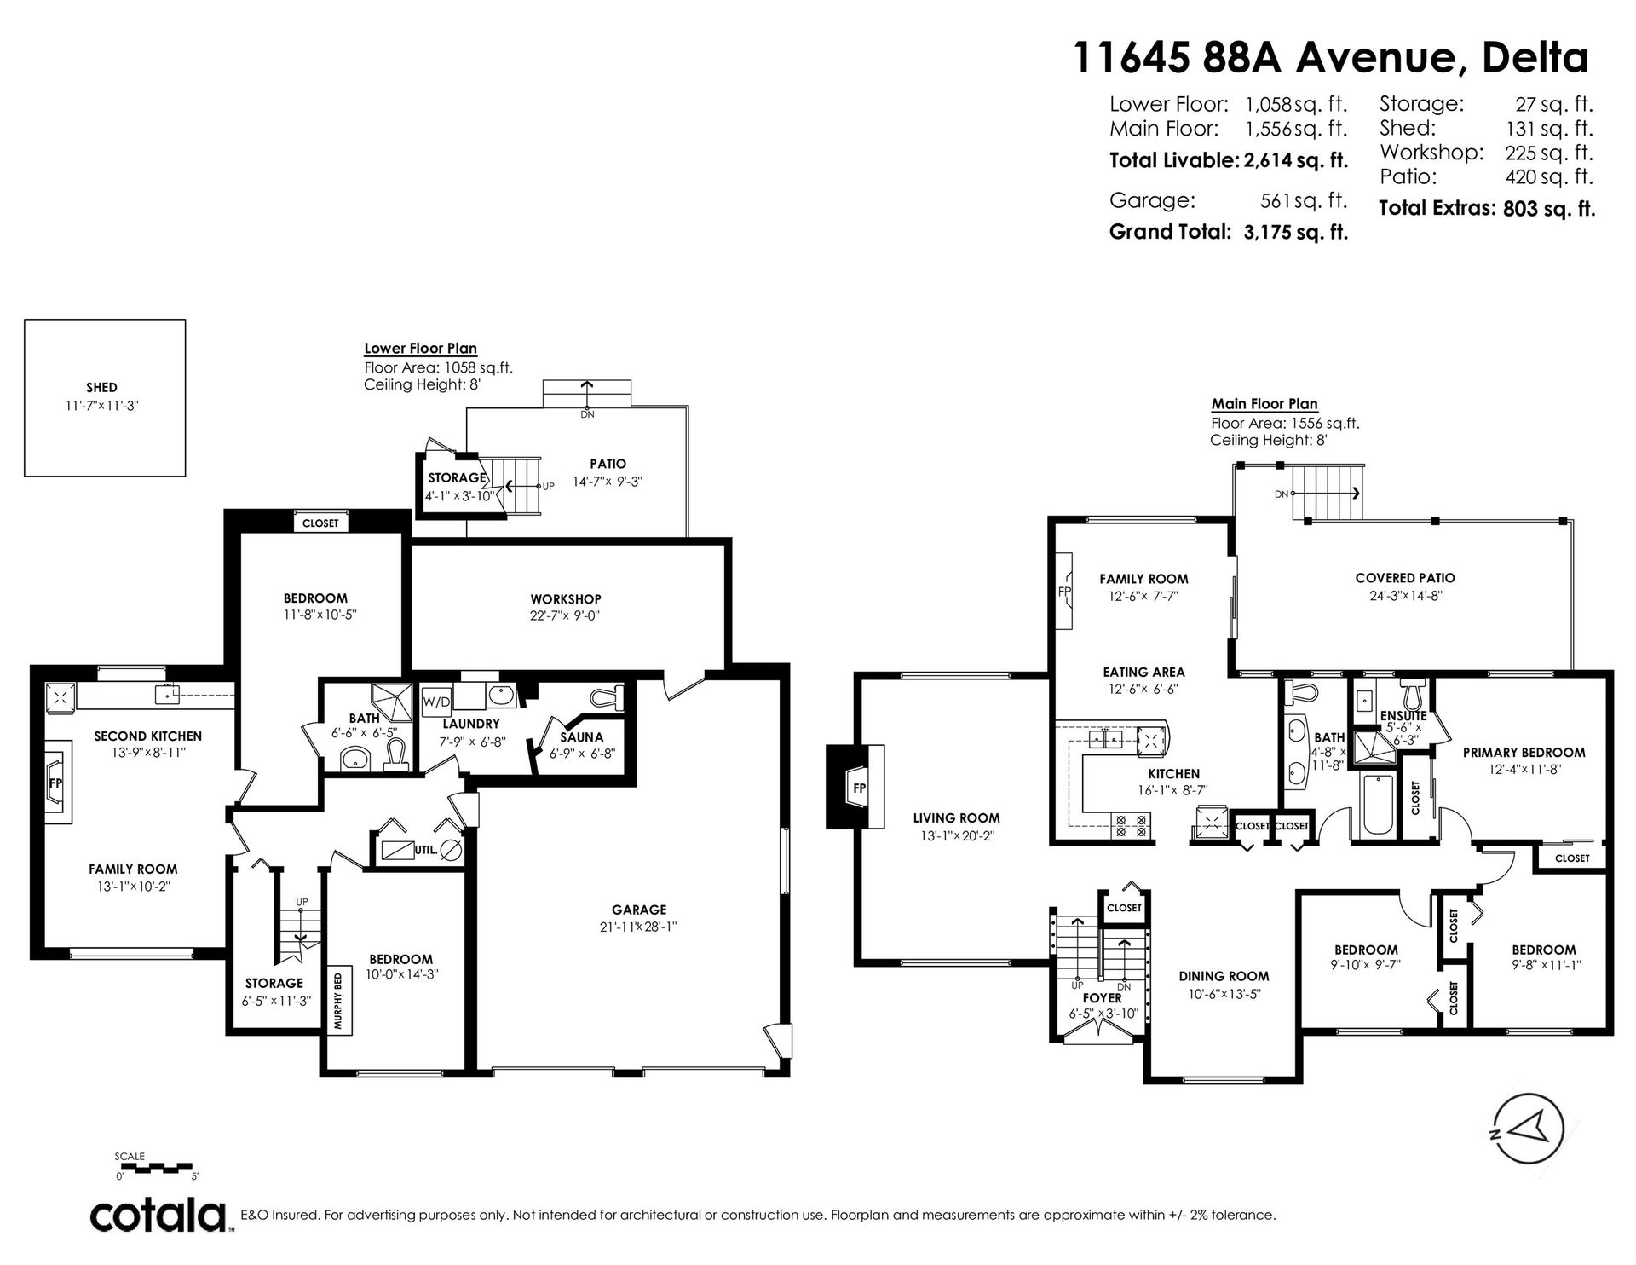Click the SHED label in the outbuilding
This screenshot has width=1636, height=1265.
101,387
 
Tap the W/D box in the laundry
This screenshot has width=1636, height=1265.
436,702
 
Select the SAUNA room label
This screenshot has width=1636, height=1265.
582,736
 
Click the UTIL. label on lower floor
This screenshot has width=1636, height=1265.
426,850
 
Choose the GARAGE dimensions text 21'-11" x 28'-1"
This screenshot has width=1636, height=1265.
639,927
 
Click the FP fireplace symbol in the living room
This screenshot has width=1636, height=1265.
859,788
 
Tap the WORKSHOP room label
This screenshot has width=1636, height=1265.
566,599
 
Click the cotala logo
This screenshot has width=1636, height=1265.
158,1214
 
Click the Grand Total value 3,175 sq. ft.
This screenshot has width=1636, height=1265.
1291,231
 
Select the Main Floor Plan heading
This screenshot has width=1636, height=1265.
1264,404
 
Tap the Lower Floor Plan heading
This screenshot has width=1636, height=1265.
420,348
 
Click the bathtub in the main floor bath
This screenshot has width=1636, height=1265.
1378,805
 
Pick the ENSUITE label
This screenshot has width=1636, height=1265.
1403,716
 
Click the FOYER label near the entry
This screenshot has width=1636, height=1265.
1102,997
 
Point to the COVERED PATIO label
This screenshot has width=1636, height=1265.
1405,578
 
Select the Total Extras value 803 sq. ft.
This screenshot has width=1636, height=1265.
1549,208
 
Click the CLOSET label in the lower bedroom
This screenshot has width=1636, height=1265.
320,523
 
